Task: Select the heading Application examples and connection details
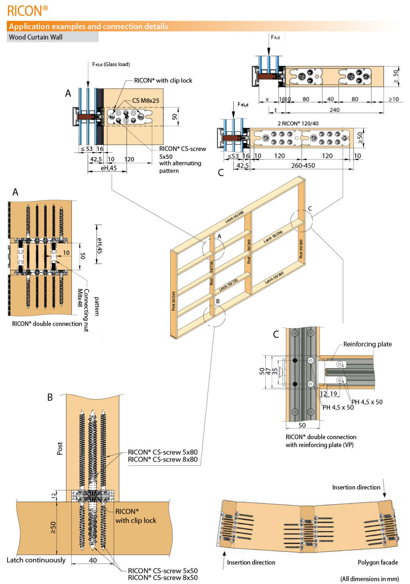tap(88, 26)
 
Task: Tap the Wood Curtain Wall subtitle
tap(36, 37)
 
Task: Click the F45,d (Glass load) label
tap(111, 64)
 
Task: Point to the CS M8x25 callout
tap(146, 100)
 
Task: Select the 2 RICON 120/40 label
tap(298, 123)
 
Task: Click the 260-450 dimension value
tap(303, 165)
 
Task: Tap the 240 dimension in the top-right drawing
tap(334, 110)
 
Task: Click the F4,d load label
tap(275, 37)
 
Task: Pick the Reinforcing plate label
tap(367, 344)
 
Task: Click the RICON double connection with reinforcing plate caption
tap(321, 441)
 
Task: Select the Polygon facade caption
tap(378, 562)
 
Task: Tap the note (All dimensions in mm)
tap(369, 579)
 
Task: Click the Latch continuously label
tap(36, 560)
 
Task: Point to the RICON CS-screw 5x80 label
tap(163, 452)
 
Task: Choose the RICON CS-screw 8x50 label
tap(163, 578)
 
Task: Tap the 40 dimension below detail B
tap(93, 560)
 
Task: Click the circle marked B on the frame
tap(214, 316)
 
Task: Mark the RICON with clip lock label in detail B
tap(136, 516)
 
